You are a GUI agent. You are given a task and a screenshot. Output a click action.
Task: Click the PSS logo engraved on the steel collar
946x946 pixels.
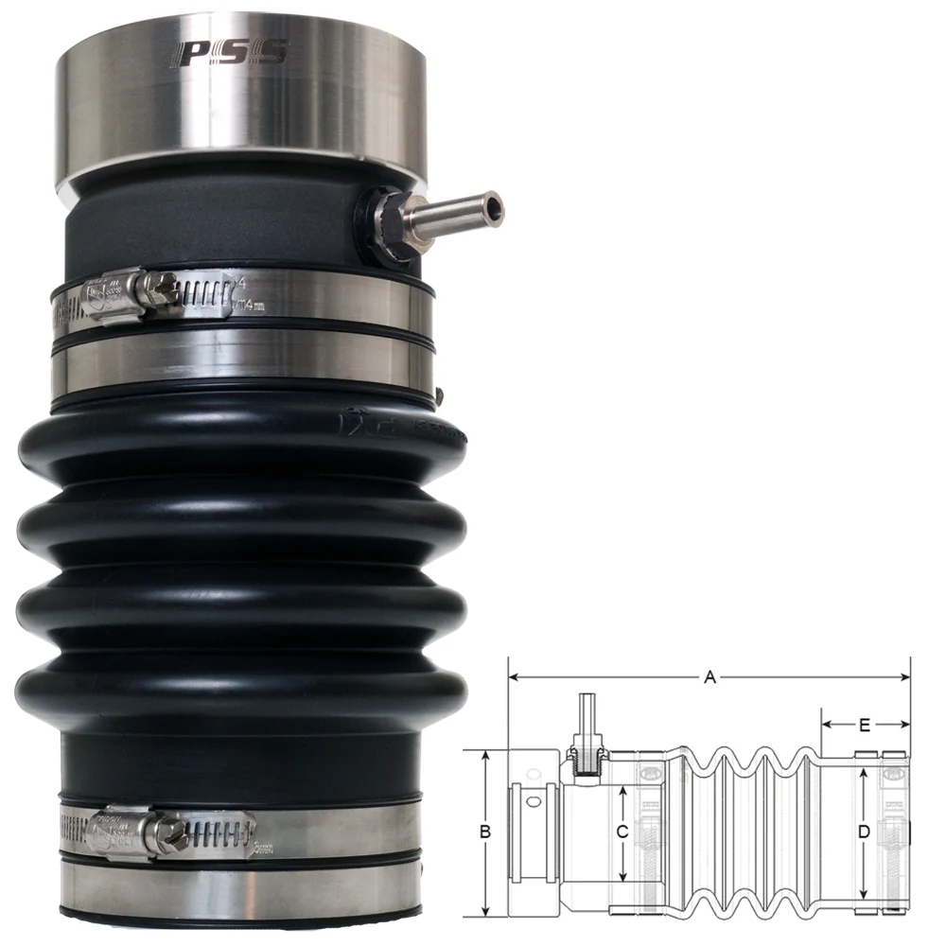pyautogui.click(x=227, y=54)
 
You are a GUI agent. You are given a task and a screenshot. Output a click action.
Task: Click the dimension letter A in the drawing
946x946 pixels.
pyautogui.click(x=709, y=676)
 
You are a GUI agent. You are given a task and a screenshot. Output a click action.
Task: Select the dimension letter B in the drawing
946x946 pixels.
pyautogui.click(x=484, y=832)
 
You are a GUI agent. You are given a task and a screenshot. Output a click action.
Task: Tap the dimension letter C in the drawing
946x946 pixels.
pyautogui.click(x=622, y=832)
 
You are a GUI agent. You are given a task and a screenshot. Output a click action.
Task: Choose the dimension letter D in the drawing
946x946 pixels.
pyautogui.click(x=863, y=832)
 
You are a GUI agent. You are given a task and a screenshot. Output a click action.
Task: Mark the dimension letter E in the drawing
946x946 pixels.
pyautogui.click(x=865, y=726)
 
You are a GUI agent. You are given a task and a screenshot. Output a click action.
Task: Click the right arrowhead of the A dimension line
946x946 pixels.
pyautogui.click(x=905, y=677)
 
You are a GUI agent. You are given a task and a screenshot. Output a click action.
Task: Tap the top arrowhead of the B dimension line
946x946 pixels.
pyautogui.click(x=484, y=755)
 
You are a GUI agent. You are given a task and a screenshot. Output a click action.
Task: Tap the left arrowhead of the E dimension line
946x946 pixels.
pyautogui.click(x=825, y=726)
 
